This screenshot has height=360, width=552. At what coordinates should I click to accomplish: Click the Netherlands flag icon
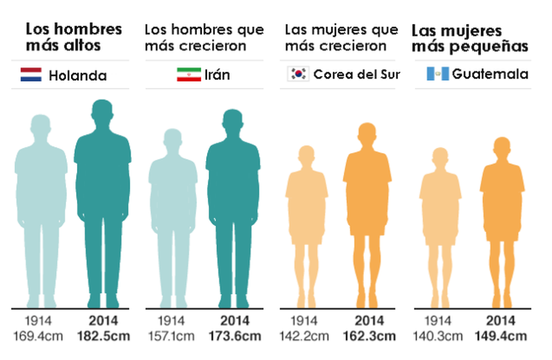(31, 74)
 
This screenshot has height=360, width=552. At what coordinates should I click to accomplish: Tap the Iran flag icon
(189, 74)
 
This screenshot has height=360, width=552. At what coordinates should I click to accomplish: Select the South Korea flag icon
(299, 74)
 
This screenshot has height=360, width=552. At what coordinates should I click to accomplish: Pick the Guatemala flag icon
(437, 74)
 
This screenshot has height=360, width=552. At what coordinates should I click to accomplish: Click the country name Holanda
(78, 75)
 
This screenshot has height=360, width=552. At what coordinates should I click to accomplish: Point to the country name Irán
(218, 75)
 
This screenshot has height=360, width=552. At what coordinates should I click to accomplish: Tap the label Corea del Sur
(356, 75)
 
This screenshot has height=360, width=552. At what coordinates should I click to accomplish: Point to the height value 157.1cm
(172, 336)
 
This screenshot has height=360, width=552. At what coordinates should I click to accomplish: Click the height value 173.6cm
(234, 336)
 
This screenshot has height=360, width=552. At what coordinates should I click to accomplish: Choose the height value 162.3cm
(368, 336)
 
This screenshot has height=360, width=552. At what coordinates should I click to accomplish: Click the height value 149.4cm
(501, 336)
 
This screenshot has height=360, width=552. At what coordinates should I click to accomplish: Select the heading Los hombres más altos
(73, 38)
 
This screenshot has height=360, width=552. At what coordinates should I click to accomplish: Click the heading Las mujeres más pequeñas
(468, 39)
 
